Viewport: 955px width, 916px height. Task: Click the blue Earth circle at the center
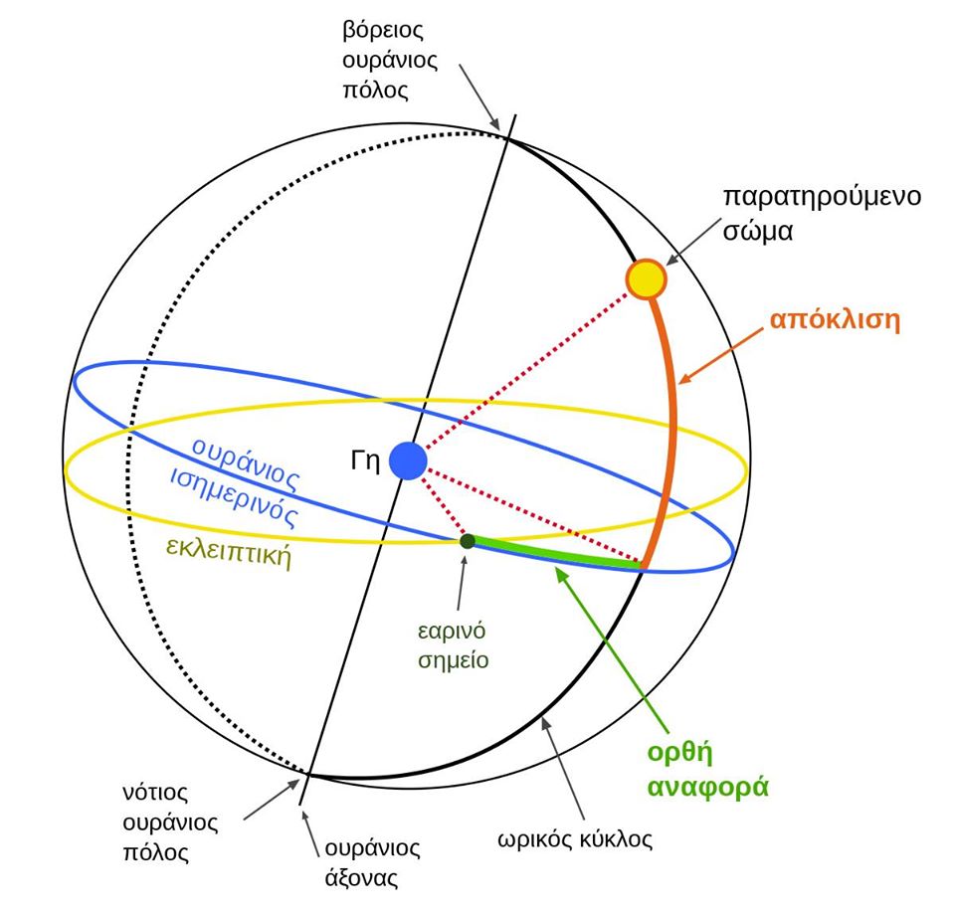pyautogui.click(x=408, y=461)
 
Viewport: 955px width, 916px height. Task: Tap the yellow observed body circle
pyautogui.click(x=646, y=279)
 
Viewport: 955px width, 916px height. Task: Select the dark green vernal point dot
pyautogui.click(x=467, y=541)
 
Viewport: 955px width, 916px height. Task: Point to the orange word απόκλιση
pyautogui.click(x=835, y=321)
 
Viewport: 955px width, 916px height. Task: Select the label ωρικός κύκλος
pyautogui.click(x=575, y=838)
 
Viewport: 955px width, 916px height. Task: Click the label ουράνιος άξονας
pyautogui.click(x=371, y=863)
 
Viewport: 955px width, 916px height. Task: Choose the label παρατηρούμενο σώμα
pyautogui.click(x=821, y=211)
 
